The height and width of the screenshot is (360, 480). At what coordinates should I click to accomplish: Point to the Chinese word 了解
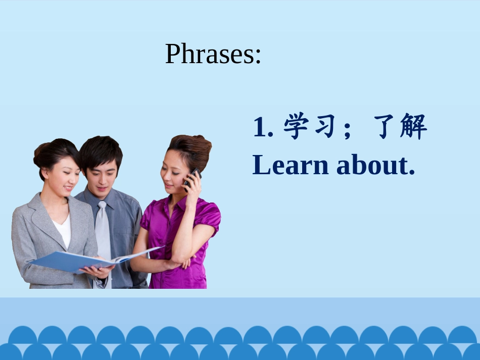pos(400,127)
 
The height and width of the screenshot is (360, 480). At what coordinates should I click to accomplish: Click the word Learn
pos(291,165)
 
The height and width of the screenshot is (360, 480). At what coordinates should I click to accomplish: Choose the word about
pos(372,165)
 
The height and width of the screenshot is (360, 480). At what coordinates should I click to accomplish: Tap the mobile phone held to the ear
pos(191,177)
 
